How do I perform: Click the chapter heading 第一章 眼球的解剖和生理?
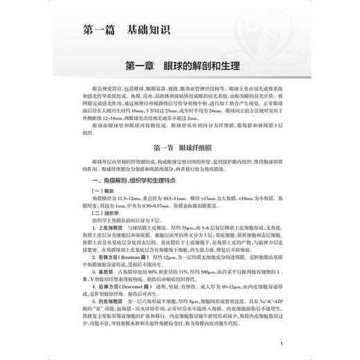click(180, 68)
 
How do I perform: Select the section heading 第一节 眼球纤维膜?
click(180, 149)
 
